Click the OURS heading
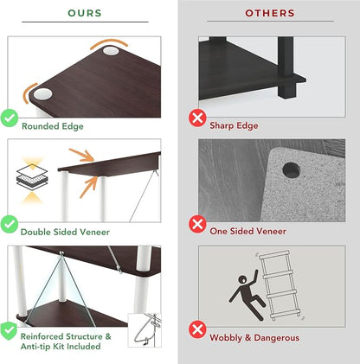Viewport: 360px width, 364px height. tap(85, 13)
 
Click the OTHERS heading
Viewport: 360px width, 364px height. tap(270, 13)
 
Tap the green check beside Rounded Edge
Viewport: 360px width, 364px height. tap(10, 118)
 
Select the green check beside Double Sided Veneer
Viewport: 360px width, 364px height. tap(10, 224)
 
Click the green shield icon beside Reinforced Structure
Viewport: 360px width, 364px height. tap(9, 331)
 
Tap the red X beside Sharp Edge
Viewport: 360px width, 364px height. tap(197, 118)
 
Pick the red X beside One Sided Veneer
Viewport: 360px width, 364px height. tap(197, 224)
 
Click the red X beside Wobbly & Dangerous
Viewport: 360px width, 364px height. tap(197, 329)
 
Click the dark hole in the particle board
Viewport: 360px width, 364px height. tap(291, 169)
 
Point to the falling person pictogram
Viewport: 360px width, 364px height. tap(247, 295)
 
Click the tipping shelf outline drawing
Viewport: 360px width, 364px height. tap(280, 285)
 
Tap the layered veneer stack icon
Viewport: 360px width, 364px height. tap(32, 177)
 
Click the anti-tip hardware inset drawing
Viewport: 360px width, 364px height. tap(145, 330)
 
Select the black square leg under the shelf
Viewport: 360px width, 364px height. tap(286, 67)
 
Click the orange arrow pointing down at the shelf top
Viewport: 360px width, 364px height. tap(82, 155)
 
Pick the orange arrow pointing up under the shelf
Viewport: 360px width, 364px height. tap(88, 187)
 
